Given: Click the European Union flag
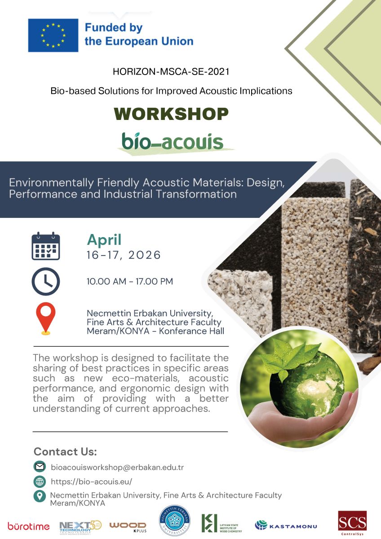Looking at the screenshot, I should click(x=53, y=35).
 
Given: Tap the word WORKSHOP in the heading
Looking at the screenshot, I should click(x=171, y=114).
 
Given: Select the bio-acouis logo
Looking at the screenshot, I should click(x=173, y=142).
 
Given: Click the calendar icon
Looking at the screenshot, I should click(x=46, y=246).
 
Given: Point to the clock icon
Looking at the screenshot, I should click(x=46, y=282).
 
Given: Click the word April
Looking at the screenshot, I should click(x=104, y=240).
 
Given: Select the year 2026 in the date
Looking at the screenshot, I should click(x=144, y=255).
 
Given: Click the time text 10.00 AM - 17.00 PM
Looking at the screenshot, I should click(x=130, y=282).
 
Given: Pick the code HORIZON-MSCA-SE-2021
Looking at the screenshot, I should click(x=171, y=71).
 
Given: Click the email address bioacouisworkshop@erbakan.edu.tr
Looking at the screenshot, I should click(x=117, y=467).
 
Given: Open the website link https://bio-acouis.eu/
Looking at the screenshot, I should click(x=91, y=482).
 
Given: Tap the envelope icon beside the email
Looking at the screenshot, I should click(x=40, y=467).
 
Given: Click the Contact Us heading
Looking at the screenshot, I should click(x=65, y=451).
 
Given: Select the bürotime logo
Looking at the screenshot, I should click(x=28, y=526).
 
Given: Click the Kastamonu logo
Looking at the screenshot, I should click(x=286, y=525).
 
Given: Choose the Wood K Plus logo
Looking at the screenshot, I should click(x=128, y=526).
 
